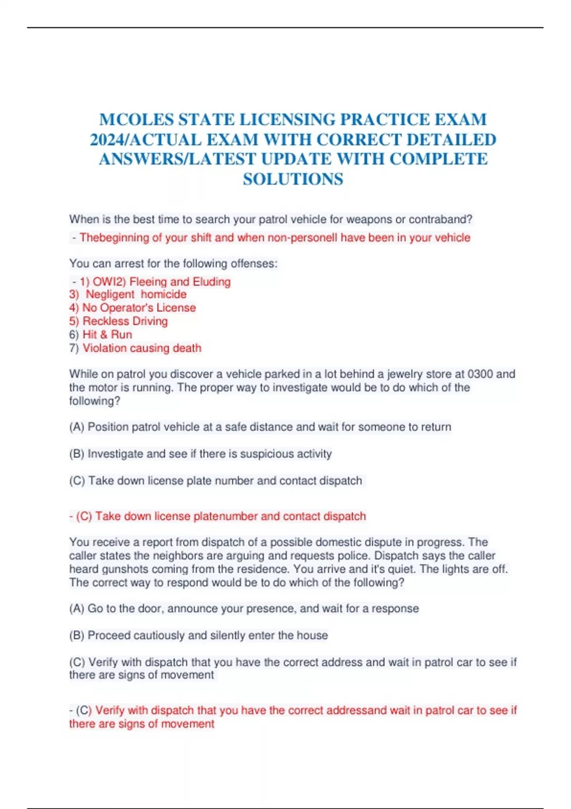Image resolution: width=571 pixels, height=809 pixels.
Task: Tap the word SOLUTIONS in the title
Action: coord(293,179)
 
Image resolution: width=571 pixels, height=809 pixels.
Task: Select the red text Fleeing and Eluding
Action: coord(180,282)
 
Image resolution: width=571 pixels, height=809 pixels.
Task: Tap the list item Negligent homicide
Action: coord(136,295)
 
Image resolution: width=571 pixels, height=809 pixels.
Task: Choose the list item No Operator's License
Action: coord(139,308)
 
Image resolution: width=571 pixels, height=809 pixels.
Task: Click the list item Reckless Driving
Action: coord(125,321)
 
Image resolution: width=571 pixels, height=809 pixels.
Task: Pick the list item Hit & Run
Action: coord(107,335)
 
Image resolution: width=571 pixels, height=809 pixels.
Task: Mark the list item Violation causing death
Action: coord(142,348)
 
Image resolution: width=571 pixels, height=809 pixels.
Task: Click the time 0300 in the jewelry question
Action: coord(480,374)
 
